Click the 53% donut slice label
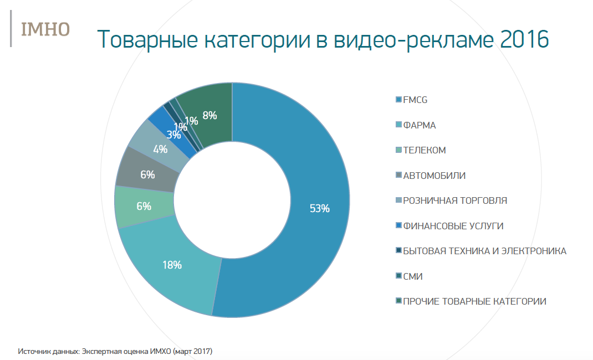319,208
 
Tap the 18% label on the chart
172,265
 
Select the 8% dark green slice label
209,116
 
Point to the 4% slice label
160,149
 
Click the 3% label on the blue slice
173,134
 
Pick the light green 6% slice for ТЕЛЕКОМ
144,206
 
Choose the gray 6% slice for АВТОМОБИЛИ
147,174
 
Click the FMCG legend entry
415,100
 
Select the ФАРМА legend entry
419,125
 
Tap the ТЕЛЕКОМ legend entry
424,150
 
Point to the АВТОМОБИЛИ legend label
434,176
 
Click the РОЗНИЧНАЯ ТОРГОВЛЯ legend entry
454,200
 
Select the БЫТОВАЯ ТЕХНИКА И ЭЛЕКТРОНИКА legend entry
484,251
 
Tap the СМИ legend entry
413,276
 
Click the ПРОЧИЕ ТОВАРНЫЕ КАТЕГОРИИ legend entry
474,301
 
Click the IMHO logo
45,29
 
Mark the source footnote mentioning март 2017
115,351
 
